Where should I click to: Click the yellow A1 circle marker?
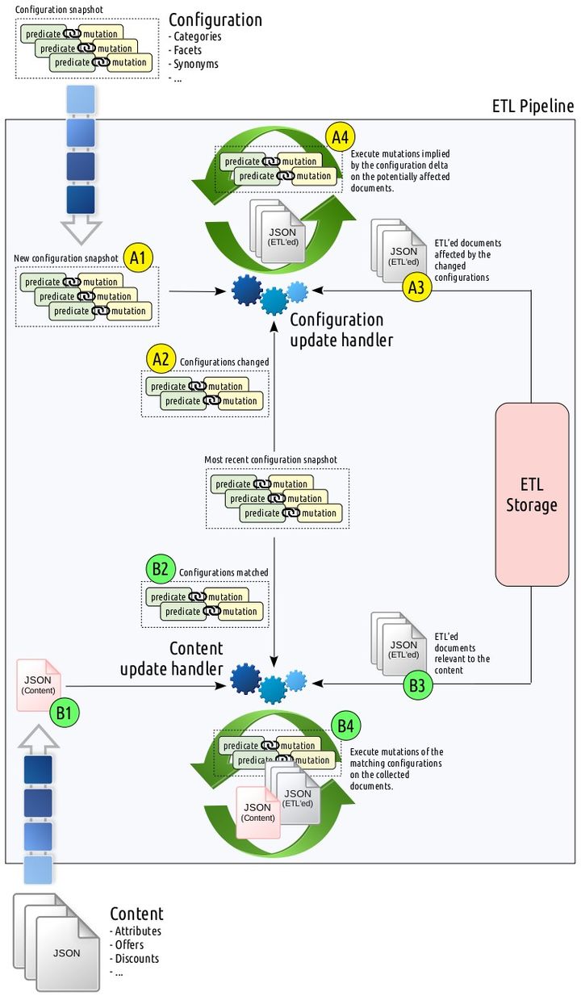point(137,258)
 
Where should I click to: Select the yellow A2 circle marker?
point(161,358)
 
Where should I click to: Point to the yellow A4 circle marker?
point(341,136)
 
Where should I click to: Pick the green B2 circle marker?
point(161,569)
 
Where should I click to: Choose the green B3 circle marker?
point(418,687)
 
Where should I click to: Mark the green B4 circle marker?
point(345,726)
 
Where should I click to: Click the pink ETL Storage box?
point(531,494)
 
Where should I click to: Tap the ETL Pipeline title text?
point(533,107)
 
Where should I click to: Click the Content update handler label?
point(172,659)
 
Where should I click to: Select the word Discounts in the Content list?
point(138,958)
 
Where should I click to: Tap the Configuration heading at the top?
point(215,19)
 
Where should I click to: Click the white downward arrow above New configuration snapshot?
point(80,229)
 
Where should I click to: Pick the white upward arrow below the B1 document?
point(39,737)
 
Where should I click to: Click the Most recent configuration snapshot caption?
point(270,459)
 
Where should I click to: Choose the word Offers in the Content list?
point(130,944)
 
